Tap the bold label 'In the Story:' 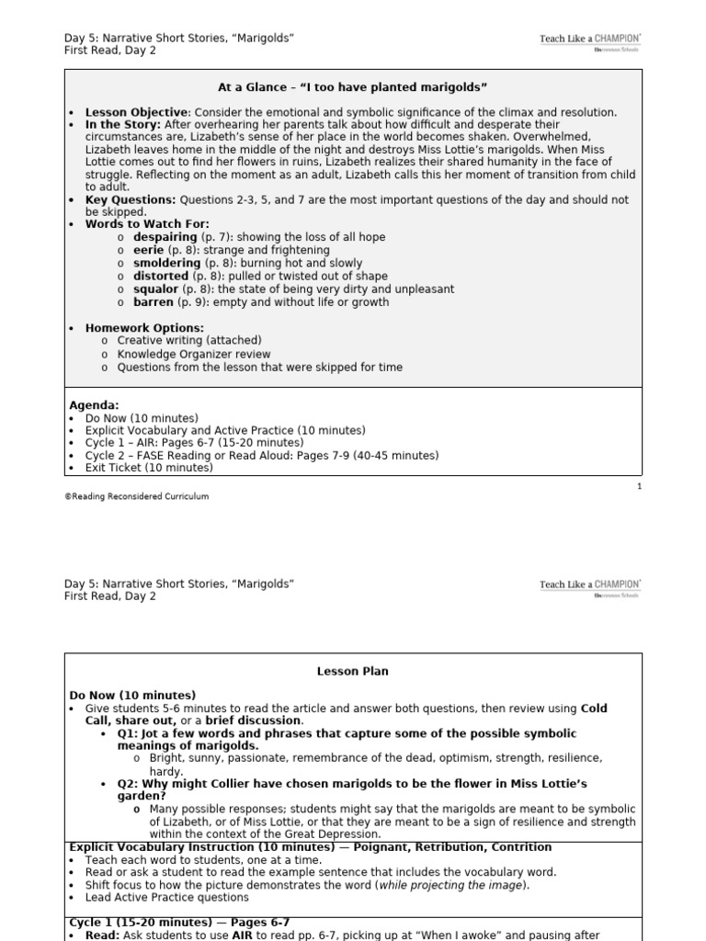coord(123,124)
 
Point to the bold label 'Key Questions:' coord(130,199)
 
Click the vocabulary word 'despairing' coord(165,237)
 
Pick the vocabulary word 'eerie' coord(148,250)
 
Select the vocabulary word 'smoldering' coord(166,263)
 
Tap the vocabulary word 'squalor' coord(154,289)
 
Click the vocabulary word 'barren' coord(153,302)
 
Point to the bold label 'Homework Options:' coord(144,328)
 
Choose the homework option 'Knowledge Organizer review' coord(194,355)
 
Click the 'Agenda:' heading coord(94,404)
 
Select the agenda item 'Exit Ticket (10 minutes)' coord(149,468)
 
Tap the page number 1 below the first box coord(639,486)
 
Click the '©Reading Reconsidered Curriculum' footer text coord(136,496)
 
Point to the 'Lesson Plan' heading coord(353,672)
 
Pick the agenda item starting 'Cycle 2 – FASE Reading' coord(262,455)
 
